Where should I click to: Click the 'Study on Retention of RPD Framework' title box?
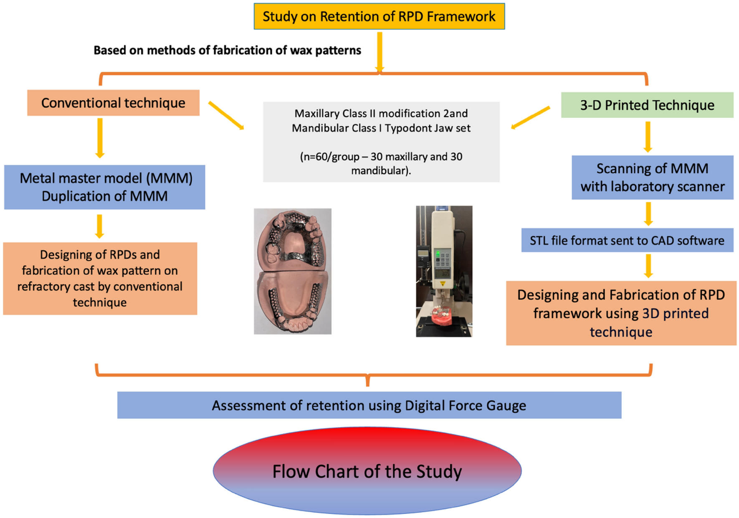point(379,16)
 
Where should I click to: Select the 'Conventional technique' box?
point(113,103)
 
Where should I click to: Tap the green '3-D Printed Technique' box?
point(647,105)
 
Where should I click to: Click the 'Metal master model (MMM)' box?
point(104,187)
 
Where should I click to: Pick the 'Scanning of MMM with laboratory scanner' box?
point(652,178)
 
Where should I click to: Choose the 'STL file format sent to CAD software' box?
point(627,240)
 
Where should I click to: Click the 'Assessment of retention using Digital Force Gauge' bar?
point(369,405)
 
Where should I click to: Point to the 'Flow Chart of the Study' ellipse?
point(367,471)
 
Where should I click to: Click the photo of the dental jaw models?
point(292,271)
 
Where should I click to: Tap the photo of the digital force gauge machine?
point(444,271)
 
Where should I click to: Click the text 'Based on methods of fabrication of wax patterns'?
point(227,51)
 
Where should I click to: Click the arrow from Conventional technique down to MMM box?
point(100,137)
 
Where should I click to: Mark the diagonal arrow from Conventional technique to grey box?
point(226,115)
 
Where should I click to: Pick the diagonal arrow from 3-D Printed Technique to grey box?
point(531,117)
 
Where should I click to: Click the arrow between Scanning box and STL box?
point(648,213)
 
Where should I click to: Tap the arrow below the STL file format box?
point(648,266)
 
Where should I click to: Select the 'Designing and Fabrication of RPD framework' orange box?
point(621,313)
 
